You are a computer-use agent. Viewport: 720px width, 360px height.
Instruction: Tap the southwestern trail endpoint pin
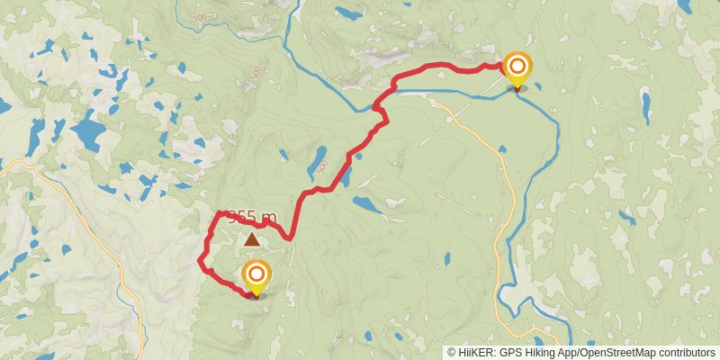coord(256,275)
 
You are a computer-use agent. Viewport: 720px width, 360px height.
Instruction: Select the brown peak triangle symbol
coord(252,239)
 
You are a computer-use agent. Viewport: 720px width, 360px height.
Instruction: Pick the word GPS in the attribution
coord(510,353)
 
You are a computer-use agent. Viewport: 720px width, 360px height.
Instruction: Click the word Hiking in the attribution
coord(540,353)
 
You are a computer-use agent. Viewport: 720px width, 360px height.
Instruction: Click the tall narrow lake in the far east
coord(645,107)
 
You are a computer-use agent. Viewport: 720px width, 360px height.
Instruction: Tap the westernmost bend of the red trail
coord(199,261)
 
